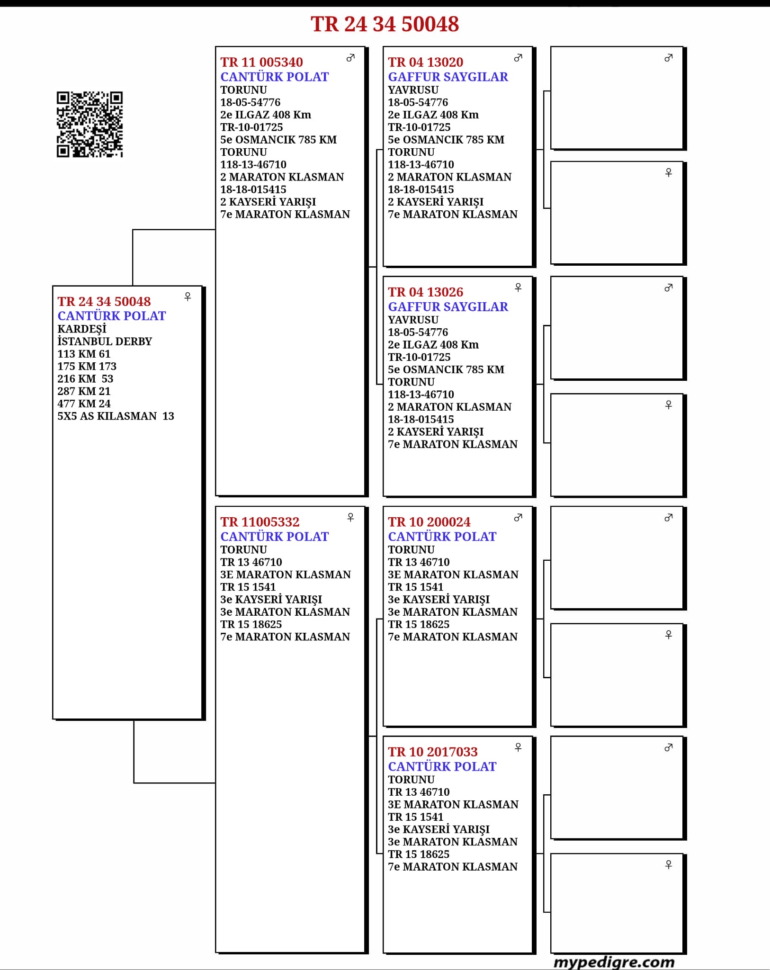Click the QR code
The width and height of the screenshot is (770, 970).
90,124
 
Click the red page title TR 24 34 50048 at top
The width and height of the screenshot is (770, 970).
385,24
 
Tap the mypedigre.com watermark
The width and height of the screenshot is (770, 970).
614,962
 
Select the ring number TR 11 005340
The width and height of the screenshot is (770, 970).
261,62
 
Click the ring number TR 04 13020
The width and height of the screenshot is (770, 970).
425,62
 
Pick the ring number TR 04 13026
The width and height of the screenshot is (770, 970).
425,292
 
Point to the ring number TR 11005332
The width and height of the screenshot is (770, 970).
260,522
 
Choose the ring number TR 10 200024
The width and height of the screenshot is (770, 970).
429,522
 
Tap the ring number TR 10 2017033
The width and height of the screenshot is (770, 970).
432,752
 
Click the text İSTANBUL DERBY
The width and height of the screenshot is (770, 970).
105,341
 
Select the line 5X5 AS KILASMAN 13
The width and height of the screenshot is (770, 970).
116,416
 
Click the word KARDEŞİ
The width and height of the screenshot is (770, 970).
82,329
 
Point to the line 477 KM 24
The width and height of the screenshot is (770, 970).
84,404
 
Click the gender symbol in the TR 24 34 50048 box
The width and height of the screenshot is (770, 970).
188,296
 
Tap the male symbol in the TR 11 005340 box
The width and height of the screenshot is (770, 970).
350,58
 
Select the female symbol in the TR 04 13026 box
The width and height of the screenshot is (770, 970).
518,287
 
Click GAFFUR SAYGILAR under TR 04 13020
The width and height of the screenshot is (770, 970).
448,77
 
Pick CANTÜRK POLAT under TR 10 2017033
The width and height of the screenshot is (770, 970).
442,766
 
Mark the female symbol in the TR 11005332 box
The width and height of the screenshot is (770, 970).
350,517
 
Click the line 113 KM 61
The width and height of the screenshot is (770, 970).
84,354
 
